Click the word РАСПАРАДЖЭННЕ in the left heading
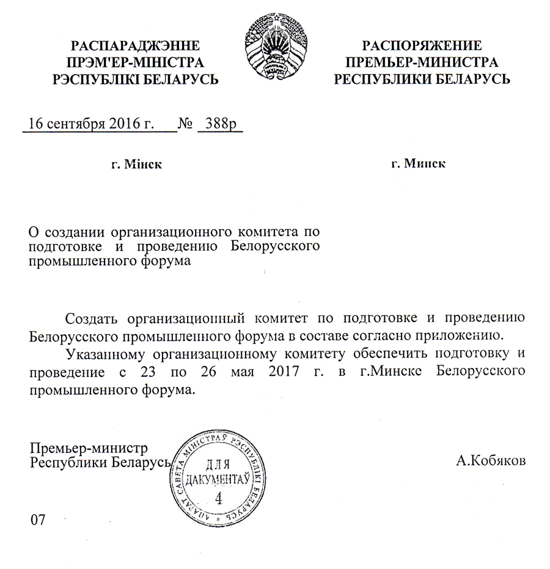(x=136, y=45)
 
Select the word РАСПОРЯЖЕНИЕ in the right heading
(x=422, y=45)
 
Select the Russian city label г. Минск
(x=418, y=164)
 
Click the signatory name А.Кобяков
(x=490, y=460)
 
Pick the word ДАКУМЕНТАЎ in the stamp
(x=218, y=478)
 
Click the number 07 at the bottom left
(x=38, y=520)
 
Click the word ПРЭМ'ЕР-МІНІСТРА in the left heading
(x=136, y=62)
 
